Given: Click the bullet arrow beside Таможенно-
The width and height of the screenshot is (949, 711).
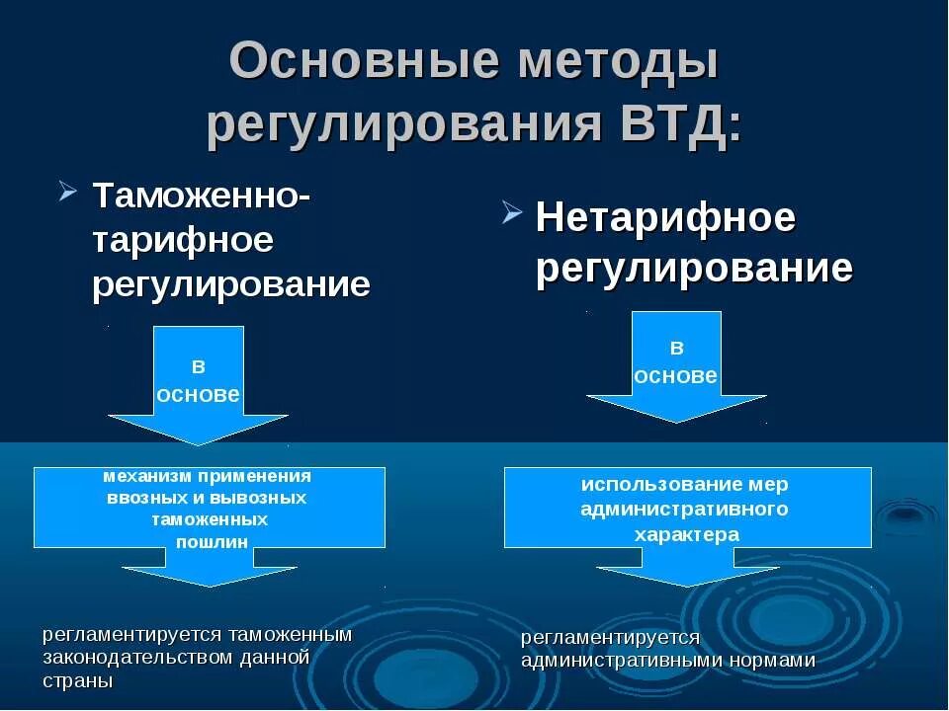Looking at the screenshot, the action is pos(67,189).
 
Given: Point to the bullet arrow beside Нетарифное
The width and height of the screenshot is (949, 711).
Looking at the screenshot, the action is pos(511,211).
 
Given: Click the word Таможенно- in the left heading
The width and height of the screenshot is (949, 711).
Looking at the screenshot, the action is pos(202,194).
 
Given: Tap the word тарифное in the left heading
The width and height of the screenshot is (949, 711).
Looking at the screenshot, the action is pos(183,240).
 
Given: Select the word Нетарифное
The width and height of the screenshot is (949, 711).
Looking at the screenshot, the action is pos(665,217).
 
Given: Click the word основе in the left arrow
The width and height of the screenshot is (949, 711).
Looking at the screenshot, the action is pos(199,393).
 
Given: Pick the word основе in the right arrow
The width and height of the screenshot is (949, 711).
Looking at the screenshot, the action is pos(676,375).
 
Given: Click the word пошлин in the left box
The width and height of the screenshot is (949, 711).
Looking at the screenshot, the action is pos(212,541).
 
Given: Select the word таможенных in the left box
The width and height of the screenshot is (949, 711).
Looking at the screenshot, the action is pos(210,519).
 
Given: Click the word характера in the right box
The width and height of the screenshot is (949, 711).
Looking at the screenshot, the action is pos(687,534).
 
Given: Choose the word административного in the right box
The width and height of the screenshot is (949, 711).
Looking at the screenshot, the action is pos(685,510).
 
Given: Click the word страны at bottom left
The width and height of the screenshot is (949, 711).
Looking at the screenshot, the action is pos(78,681).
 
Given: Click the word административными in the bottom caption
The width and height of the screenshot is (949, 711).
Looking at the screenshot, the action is pos(618,661).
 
